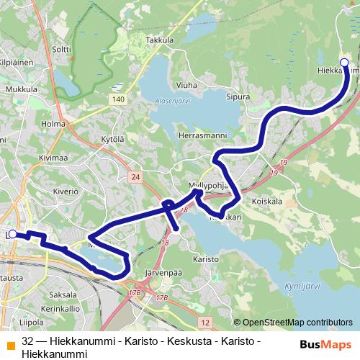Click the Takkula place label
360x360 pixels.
(160, 42)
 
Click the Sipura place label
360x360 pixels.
(238, 96)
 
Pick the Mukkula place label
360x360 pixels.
(21, 89)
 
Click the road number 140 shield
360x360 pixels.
(119, 99)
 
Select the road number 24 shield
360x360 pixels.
(135, 176)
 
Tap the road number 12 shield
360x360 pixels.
(205, 321)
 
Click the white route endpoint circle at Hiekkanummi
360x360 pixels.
(344, 63)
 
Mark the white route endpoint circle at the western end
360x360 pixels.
(12, 234)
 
